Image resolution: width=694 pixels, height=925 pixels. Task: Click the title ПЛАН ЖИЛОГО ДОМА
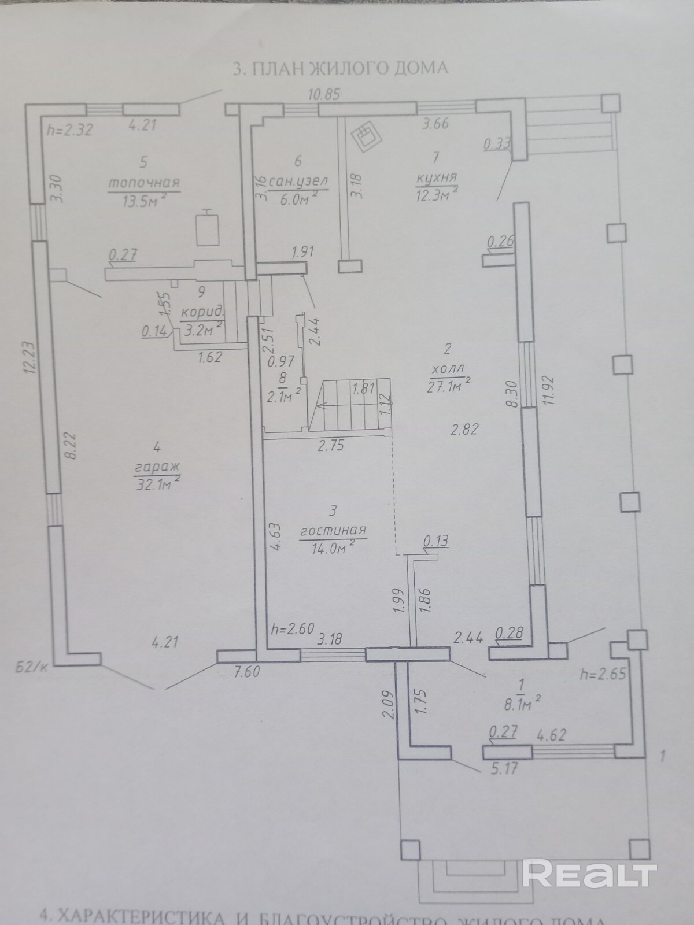tap(340, 68)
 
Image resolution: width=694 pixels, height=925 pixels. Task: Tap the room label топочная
tap(145, 183)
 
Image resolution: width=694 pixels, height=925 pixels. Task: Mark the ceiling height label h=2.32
tap(69, 130)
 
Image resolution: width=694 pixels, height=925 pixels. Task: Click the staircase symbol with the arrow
tap(350, 406)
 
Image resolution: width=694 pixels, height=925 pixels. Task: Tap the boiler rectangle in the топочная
tap(205, 228)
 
